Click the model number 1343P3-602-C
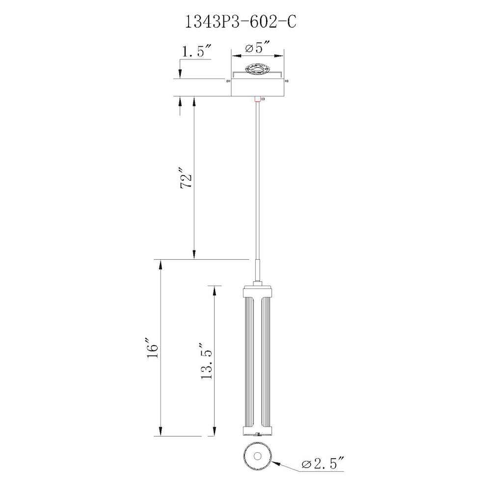point(241,22)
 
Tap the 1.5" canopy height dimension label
point(197,51)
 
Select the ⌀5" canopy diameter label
point(257,48)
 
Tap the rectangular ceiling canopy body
point(257,87)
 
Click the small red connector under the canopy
point(257,99)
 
